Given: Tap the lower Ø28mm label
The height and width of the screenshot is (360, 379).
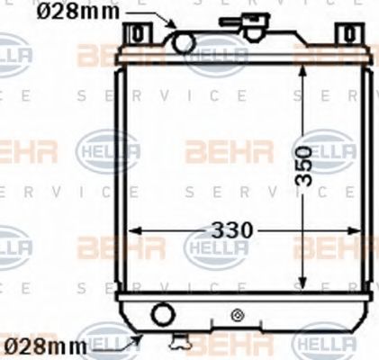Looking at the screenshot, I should (x=44, y=345).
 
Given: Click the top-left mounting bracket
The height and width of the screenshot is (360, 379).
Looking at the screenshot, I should (x=137, y=34).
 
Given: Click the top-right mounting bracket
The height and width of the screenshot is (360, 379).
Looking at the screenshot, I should (x=347, y=34).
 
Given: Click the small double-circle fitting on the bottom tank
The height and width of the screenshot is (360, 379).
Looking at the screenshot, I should (x=238, y=314).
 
